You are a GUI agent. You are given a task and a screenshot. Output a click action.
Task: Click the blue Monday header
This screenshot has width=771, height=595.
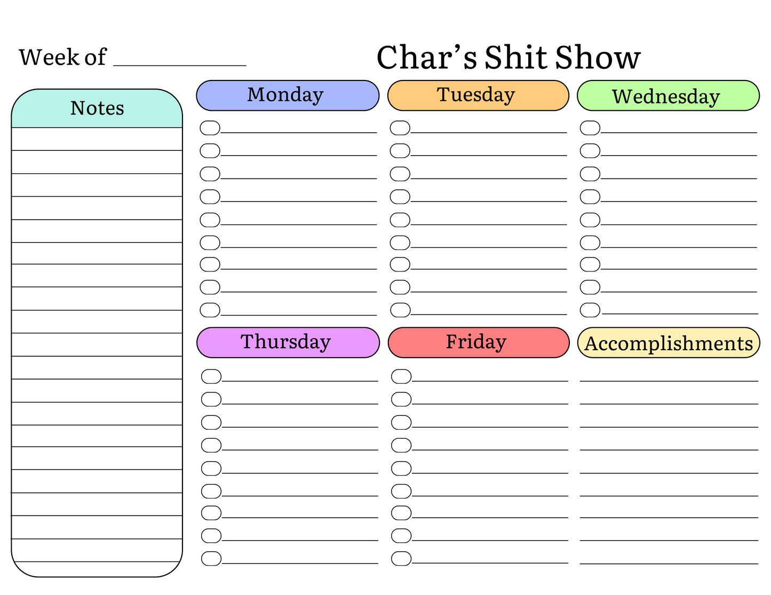point(288,95)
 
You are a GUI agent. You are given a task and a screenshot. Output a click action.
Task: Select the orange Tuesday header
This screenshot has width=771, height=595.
point(478,95)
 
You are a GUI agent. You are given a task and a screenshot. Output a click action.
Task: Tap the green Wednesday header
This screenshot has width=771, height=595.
point(668,96)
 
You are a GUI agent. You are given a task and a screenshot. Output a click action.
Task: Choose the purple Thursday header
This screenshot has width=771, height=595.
point(288,342)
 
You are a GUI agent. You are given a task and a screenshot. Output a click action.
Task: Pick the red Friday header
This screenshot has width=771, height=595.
point(479,342)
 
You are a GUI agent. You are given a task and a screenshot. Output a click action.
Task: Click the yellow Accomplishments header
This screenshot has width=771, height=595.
point(669,343)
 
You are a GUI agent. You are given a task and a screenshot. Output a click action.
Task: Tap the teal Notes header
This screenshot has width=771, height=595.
point(97,108)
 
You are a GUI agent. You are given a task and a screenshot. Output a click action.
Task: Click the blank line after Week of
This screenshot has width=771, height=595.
point(180,60)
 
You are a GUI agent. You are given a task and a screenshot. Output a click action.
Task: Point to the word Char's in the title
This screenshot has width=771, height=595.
point(426,58)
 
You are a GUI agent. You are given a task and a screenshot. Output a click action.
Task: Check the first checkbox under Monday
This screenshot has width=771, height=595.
point(210,128)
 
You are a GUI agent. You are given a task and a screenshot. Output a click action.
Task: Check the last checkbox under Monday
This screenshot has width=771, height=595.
point(210,310)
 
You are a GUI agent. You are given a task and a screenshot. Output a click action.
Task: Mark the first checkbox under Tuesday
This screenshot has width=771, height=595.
point(400,128)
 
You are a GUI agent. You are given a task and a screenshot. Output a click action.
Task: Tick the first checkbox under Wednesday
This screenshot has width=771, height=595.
point(590,128)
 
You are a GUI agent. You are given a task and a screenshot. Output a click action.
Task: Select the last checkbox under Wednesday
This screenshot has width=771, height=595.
point(590,310)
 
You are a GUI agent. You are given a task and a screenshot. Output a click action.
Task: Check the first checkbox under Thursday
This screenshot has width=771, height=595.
point(211,376)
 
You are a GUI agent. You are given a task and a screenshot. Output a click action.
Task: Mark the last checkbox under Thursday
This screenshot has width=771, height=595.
point(211,559)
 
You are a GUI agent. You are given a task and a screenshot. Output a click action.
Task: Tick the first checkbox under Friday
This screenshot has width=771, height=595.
point(401,376)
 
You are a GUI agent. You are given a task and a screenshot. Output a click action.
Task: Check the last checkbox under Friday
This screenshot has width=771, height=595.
point(401,559)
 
